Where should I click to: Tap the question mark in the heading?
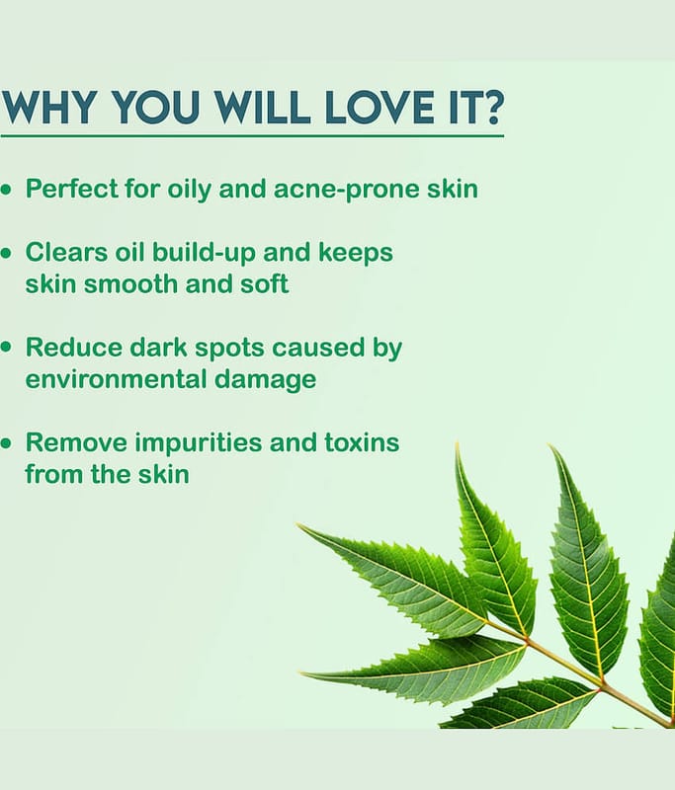[x=490, y=107]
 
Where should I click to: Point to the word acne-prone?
[x=347, y=190]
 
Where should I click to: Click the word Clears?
[x=66, y=252]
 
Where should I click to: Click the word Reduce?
[x=73, y=348]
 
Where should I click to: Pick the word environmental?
[x=116, y=379]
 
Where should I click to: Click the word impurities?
[x=198, y=443]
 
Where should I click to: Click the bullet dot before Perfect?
[x=6, y=190]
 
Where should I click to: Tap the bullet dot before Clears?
[x=6, y=253]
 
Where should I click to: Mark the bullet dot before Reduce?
[x=6, y=348]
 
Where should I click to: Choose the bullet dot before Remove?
[x=6, y=443]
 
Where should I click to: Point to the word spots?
[x=229, y=349]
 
